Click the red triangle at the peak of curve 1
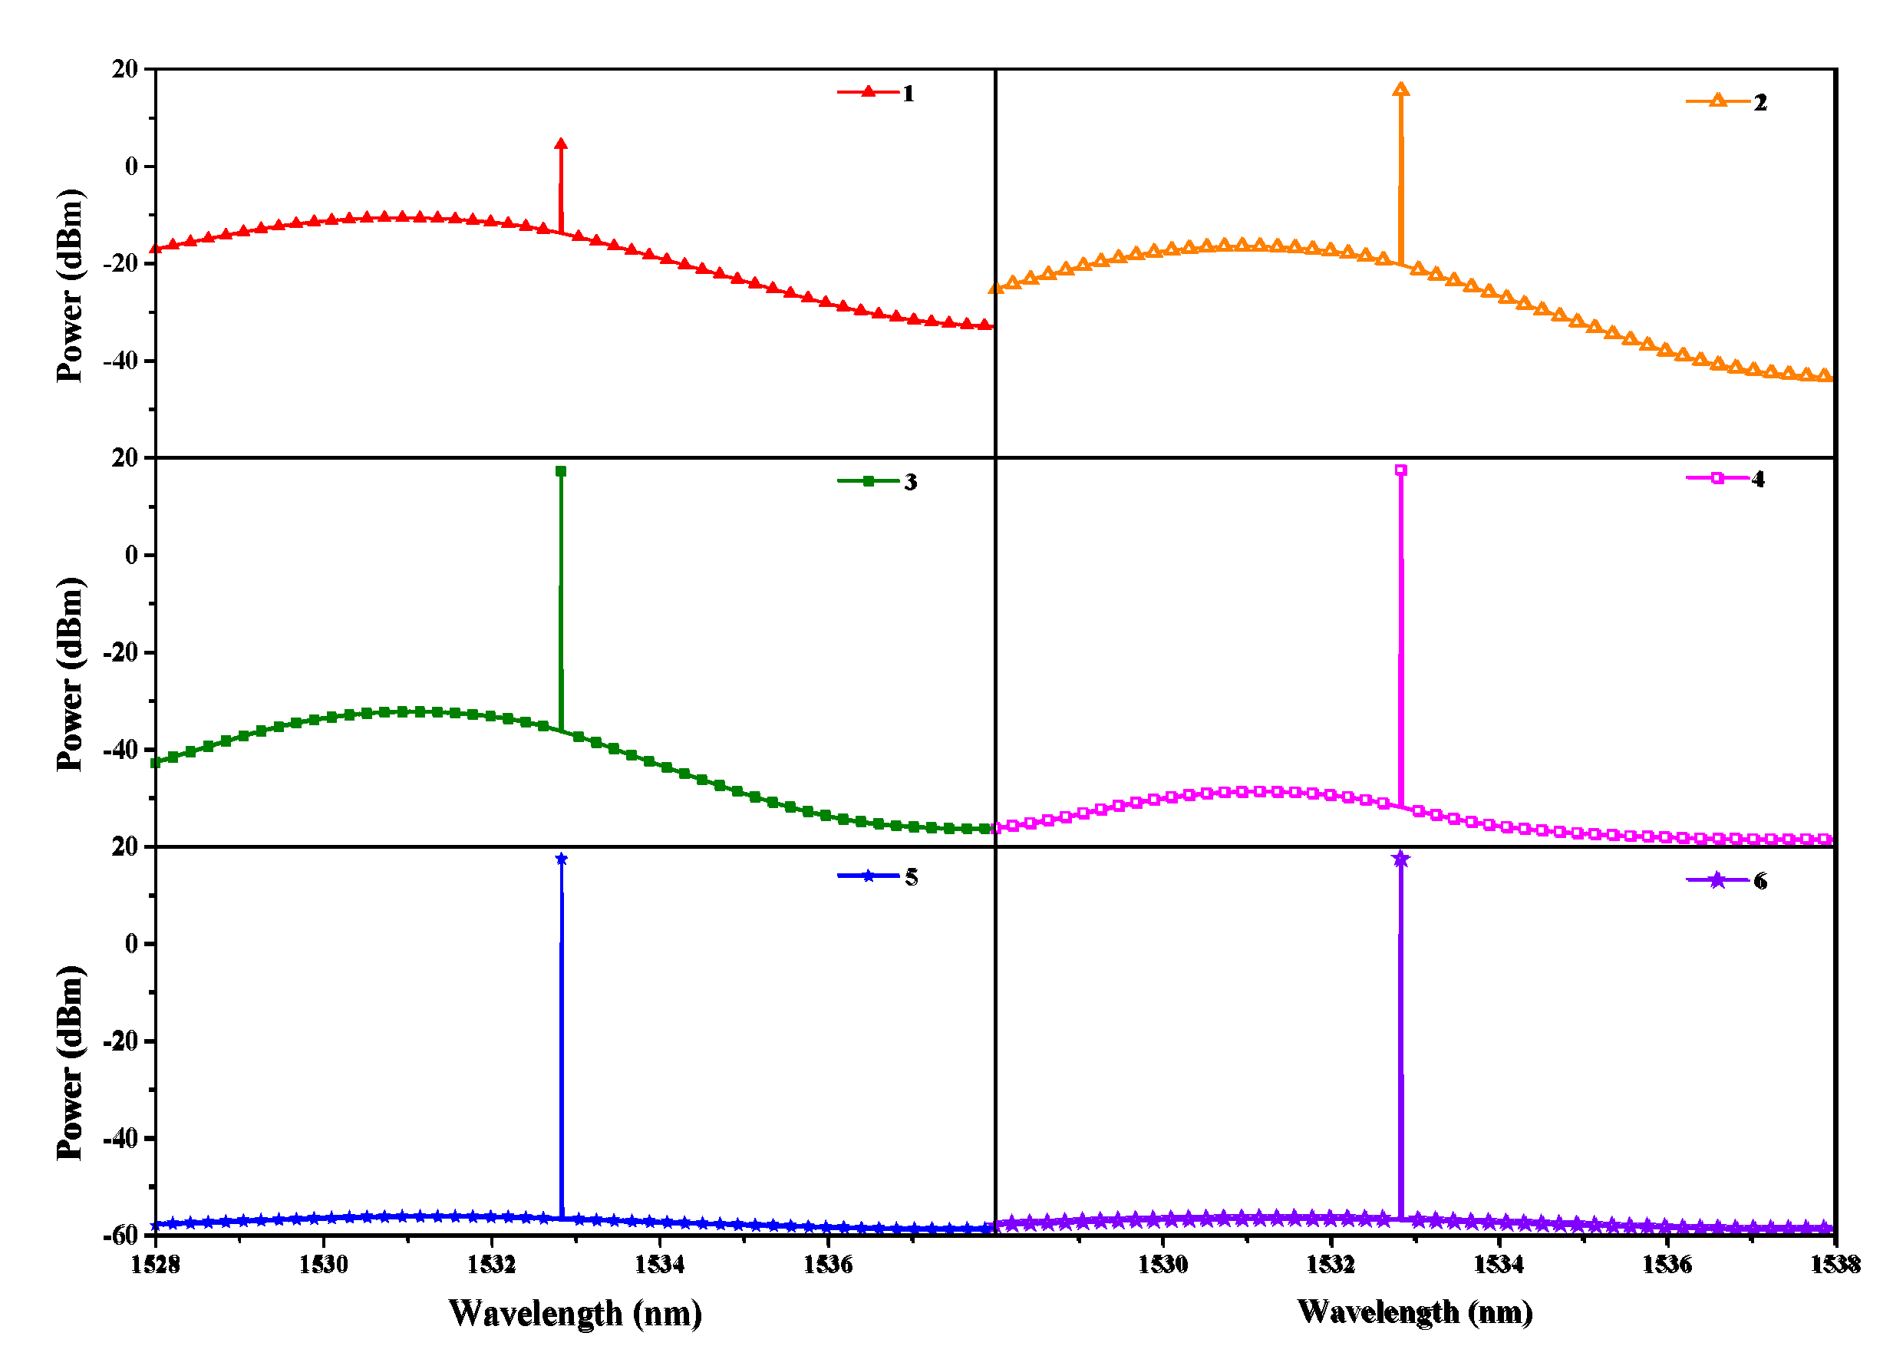pyautogui.click(x=561, y=144)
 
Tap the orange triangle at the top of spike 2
pyautogui.click(x=1400, y=89)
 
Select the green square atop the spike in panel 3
pyautogui.click(x=561, y=472)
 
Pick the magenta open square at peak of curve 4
pyautogui.click(x=1400, y=470)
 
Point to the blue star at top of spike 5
pyautogui.click(x=561, y=860)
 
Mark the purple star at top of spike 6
pyautogui.click(x=1400, y=860)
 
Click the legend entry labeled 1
pyautogui.click(x=876, y=93)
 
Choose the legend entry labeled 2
pyautogui.click(x=1725, y=102)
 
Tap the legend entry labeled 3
pyautogui.click(x=876, y=482)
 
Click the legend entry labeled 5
pyautogui.click(x=876, y=876)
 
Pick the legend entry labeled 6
pyautogui.click(x=1725, y=881)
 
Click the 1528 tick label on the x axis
pyautogui.click(x=155, y=1265)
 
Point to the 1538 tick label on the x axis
pyautogui.click(x=1835, y=1265)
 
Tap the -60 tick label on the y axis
pyautogui.click(x=120, y=1235)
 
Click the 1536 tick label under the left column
pyautogui.click(x=827, y=1265)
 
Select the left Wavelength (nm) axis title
pyautogui.click(x=575, y=1313)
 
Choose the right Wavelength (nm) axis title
pyautogui.click(x=1415, y=1312)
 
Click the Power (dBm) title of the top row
pyautogui.click(x=70, y=285)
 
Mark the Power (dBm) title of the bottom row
pyautogui.click(x=70, y=1063)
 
